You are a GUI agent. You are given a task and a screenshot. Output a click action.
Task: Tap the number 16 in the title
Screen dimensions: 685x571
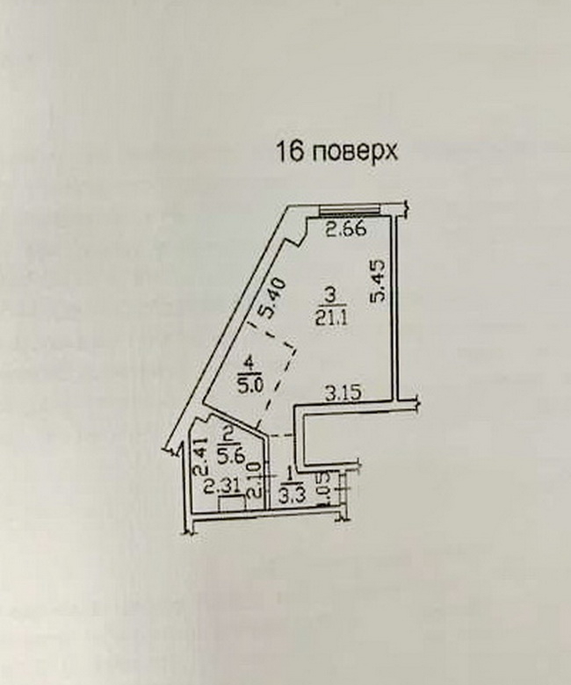click(x=291, y=152)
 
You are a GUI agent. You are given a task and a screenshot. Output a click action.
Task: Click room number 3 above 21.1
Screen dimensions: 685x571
click(x=329, y=294)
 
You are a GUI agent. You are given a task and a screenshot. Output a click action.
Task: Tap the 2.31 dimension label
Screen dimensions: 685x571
click(x=219, y=484)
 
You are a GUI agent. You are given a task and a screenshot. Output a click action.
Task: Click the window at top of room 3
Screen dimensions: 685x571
click(x=348, y=210)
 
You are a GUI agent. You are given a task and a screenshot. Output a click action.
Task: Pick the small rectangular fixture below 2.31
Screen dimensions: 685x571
click(x=231, y=504)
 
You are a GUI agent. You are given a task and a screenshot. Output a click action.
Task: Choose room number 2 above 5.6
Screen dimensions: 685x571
click(x=228, y=433)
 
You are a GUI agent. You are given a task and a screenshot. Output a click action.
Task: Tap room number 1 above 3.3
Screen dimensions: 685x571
click(x=290, y=475)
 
